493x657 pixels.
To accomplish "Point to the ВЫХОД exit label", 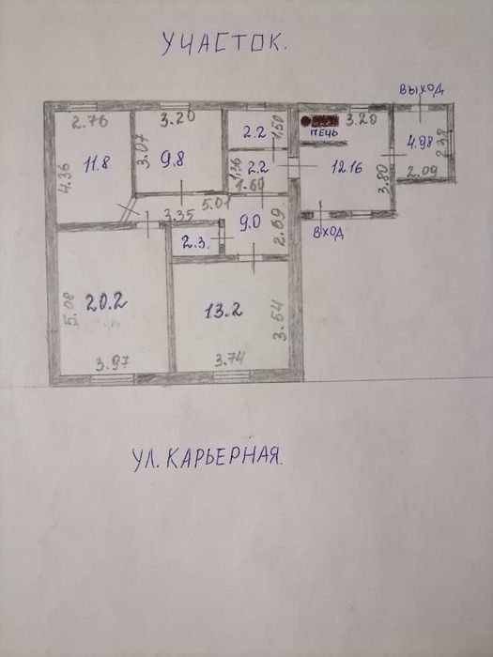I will (420, 89).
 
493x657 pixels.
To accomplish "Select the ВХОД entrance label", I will (328, 233).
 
